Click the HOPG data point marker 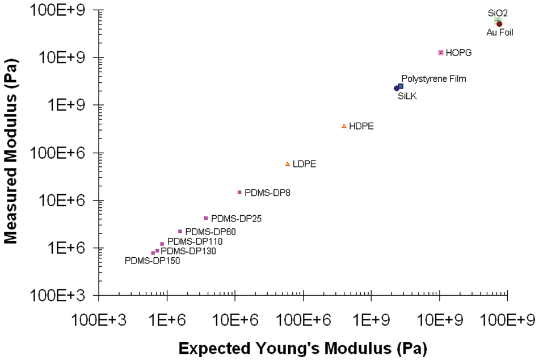440,52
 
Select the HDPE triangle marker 344,126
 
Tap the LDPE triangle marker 287,164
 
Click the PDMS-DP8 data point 239,192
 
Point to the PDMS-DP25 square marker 206,218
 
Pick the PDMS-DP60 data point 180,231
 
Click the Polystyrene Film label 433,79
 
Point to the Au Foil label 500,32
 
